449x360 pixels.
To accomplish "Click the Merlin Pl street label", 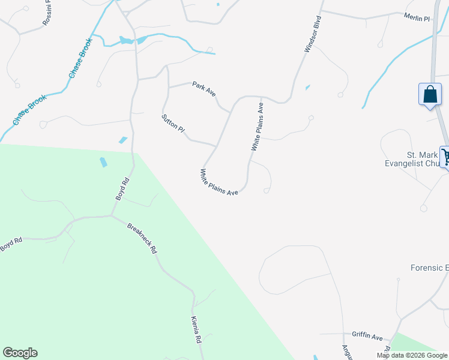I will pyautogui.click(x=417, y=19).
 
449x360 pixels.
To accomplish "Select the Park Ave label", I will pyautogui.click(x=203, y=89).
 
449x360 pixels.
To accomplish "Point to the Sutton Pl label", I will pyautogui.click(x=173, y=123).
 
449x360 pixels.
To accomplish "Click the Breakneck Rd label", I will pyautogui.click(x=142, y=239).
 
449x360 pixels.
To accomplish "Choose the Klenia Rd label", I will pyautogui.click(x=196, y=329).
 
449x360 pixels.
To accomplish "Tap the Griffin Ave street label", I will pyautogui.click(x=367, y=337).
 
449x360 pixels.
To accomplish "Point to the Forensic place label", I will pyautogui.click(x=429, y=268).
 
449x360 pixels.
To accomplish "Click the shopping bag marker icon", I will pyautogui.click(x=429, y=95).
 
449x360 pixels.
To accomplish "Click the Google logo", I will pyautogui.click(x=20, y=353).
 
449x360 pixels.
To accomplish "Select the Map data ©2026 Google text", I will pyautogui.click(x=412, y=355).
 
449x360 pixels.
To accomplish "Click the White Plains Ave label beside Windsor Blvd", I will pyautogui.click(x=258, y=127).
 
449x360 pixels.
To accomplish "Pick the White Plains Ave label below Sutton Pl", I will pyautogui.click(x=219, y=182).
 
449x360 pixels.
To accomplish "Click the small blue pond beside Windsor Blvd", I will pyautogui.click(x=308, y=88).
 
